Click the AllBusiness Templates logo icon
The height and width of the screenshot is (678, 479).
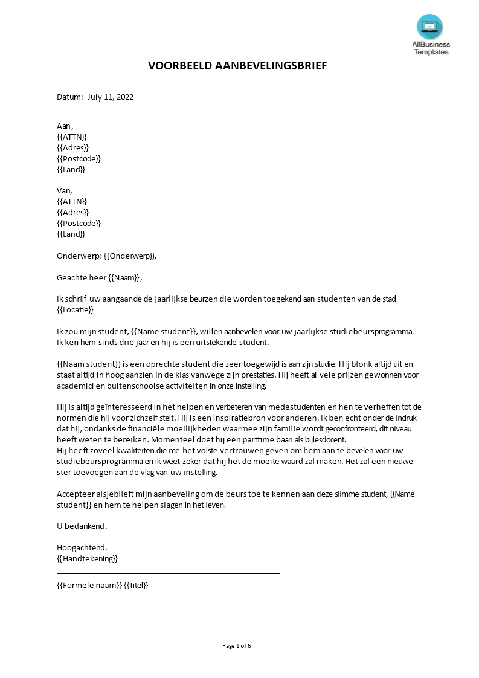click(429, 27)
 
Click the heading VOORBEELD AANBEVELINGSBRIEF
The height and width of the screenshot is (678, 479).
click(237, 66)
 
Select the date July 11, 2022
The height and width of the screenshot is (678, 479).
click(111, 97)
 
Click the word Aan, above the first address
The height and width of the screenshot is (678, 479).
click(65, 126)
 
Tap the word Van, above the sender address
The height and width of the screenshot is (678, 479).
click(64, 190)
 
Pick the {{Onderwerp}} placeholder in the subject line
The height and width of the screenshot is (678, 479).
click(130, 256)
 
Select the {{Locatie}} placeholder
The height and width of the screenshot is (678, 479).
click(76, 309)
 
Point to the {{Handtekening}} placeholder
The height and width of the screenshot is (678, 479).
click(87, 558)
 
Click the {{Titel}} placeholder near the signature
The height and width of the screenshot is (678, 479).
click(136, 585)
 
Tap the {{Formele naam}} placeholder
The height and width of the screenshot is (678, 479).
click(89, 585)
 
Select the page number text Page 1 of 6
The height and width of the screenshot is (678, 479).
click(237, 645)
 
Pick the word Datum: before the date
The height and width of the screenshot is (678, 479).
click(70, 97)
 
